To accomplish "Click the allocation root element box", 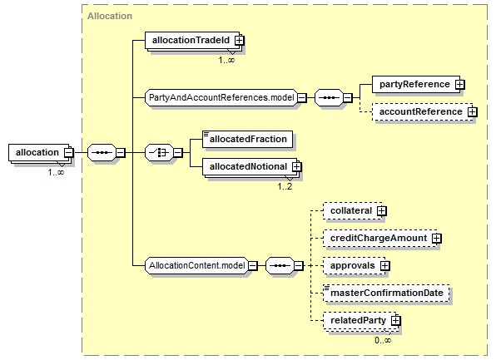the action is point(38,153).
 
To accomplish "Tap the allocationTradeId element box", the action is point(192,41).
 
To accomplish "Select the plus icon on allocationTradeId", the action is point(239,41).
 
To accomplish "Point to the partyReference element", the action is point(416,85).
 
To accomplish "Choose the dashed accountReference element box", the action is point(422,112).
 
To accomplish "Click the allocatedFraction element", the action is point(247,140).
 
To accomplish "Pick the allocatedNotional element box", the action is point(250,167).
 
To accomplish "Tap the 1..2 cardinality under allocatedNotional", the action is point(285,187).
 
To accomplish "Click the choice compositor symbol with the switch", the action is point(159,153).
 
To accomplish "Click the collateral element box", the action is point(352,211).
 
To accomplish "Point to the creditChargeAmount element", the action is point(380,239).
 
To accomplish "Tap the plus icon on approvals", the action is point(384,266).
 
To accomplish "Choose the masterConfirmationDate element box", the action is point(386,293).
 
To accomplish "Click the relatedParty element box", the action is point(360,320).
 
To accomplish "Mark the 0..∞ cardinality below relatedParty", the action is point(383,340).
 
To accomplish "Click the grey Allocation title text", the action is point(110,16).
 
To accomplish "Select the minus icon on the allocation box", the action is point(68,153).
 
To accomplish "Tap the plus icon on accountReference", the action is point(472,112).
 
